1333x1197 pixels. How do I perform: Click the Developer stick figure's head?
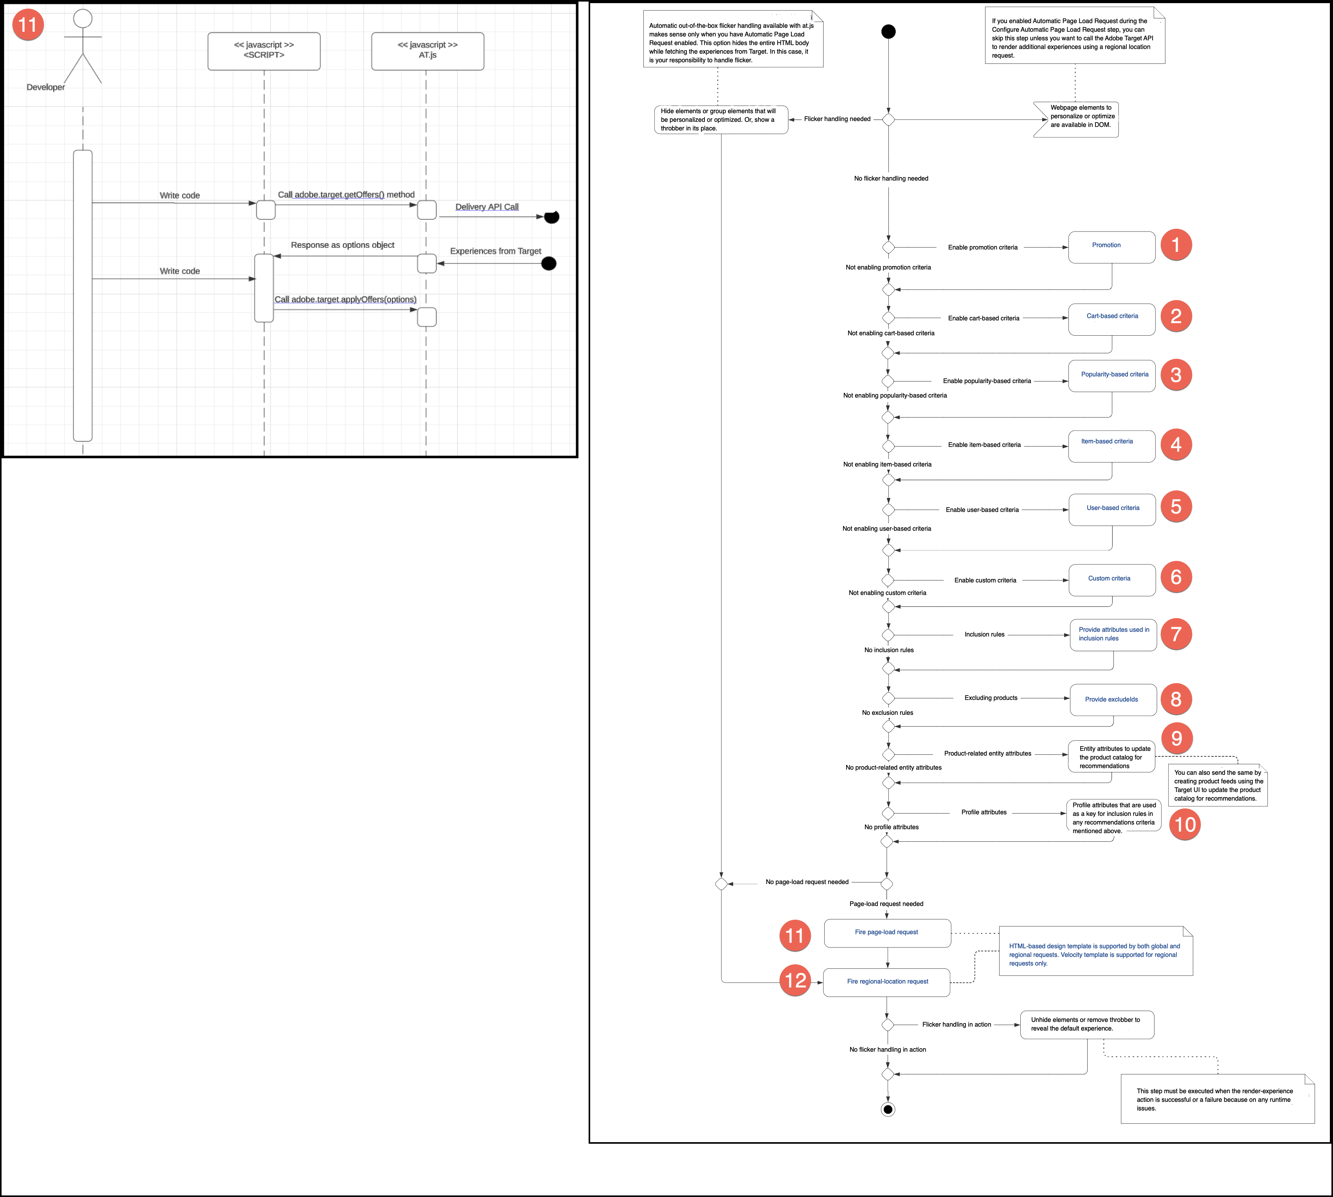[83, 18]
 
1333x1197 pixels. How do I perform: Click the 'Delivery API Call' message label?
[486, 206]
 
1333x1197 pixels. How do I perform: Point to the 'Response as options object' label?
[342, 245]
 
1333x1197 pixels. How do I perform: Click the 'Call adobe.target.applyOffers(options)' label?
[345, 299]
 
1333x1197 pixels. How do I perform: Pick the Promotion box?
[1111, 247]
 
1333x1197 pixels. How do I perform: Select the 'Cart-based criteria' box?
[1111, 319]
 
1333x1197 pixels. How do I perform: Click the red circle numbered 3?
[1176, 375]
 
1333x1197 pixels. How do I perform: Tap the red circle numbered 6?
[1176, 577]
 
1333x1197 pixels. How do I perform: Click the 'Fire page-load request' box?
[887, 933]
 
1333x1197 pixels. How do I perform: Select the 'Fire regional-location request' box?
[887, 982]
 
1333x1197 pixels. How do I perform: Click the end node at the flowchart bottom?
[887, 1110]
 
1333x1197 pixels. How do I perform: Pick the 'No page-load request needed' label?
[807, 882]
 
